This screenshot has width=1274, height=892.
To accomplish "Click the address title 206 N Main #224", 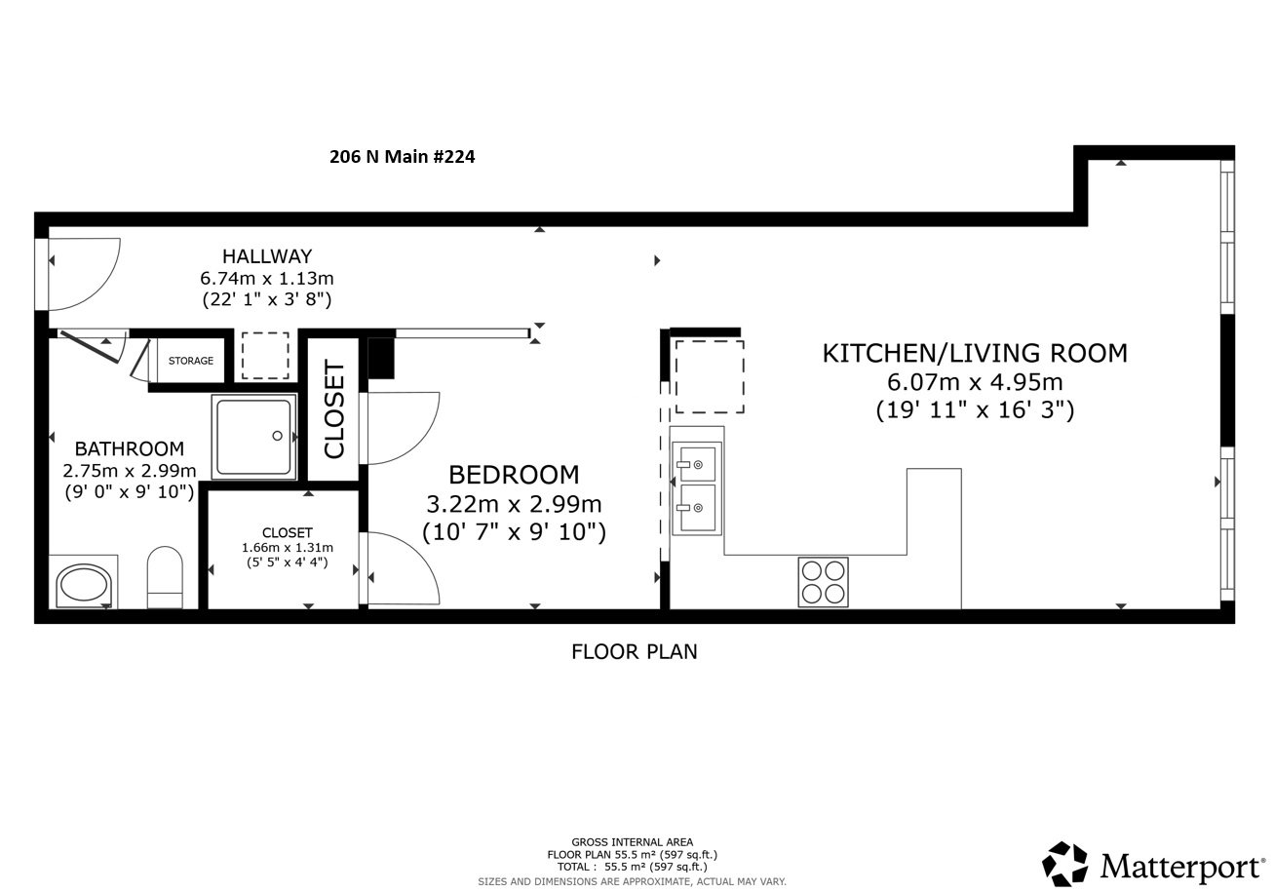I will tap(402, 156).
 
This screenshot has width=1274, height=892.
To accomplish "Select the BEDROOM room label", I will tap(513, 475).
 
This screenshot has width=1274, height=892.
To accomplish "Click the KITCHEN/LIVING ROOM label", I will tap(974, 353).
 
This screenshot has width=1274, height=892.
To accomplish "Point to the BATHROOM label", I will tap(129, 449).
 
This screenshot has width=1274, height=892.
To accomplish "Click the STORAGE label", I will tap(190, 361).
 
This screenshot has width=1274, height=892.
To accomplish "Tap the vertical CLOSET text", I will tap(334, 409).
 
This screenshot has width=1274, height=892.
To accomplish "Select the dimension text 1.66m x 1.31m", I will tap(287, 548).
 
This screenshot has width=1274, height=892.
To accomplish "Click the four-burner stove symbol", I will tap(823, 582).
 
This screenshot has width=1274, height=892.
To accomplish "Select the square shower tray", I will tap(254, 437).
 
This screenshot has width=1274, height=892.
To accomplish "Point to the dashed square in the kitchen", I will tap(709, 376).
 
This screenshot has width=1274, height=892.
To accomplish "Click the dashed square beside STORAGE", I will tap(265, 356).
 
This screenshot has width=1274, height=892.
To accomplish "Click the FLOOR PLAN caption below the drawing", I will tap(634, 651).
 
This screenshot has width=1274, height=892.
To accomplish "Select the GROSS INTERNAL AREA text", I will tap(632, 842).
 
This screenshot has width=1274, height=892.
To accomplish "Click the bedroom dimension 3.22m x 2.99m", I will tap(513, 504).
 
